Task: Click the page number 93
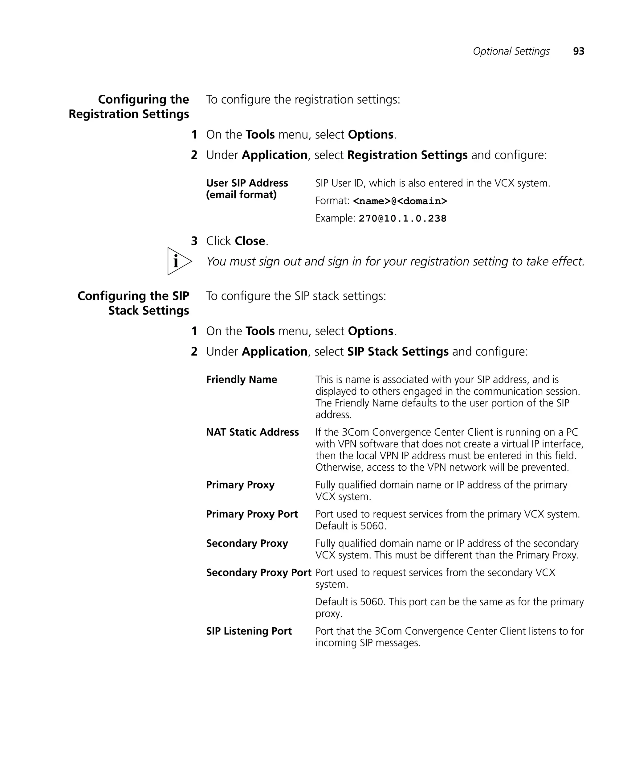tap(578, 51)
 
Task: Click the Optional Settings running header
tap(511, 51)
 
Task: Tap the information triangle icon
tap(178, 261)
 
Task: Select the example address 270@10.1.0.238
tap(402, 218)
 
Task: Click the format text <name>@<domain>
tap(400, 201)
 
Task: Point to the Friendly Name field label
tap(241, 379)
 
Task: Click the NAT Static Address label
tap(252, 432)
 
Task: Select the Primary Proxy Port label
tap(252, 514)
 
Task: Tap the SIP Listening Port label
tap(249, 631)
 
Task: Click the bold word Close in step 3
tap(250, 241)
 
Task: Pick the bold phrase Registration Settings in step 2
tap(407, 155)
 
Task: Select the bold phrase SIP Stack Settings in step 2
tap(398, 351)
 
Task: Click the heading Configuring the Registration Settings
tap(129, 106)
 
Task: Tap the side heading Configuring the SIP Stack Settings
tap(133, 303)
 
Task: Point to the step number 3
tap(194, 241)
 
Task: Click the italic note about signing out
tap(395, 261)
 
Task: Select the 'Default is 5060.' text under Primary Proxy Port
tap(351, 525)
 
